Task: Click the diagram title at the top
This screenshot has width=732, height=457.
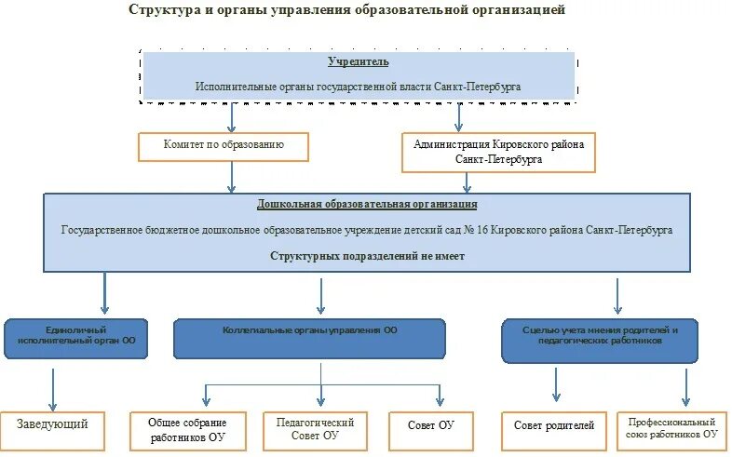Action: coord(346,11)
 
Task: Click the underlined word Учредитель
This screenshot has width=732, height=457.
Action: coord(358,61)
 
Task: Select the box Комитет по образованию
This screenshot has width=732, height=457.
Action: coord(223,145)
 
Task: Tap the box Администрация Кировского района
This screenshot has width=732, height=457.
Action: coord(499,152)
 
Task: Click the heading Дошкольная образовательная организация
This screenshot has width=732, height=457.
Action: coord(367,204)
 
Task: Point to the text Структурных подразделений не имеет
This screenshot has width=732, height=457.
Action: coord(367,256)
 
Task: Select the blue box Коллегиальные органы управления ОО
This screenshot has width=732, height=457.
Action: coord(309,337)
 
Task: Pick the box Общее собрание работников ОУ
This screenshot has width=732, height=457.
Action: coord(188,430)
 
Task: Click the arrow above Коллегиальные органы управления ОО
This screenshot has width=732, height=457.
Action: coord(321,295)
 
